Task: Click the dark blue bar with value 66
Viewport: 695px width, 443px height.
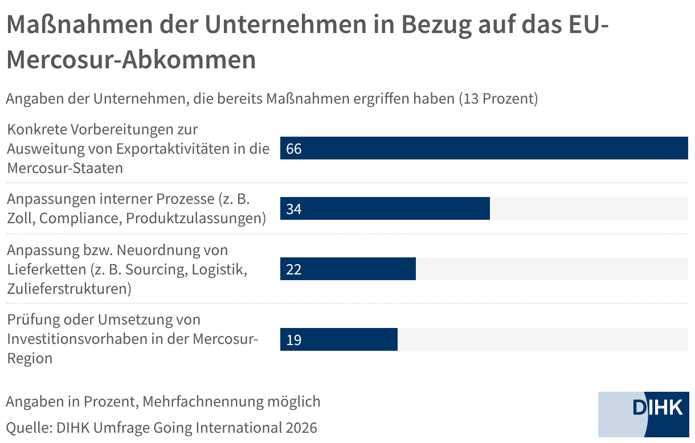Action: tap(484, 149)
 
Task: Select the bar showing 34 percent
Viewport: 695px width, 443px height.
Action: tap(385, 209)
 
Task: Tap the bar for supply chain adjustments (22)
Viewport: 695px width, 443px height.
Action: tap(348, 269)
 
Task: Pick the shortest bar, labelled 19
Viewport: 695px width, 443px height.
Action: tap(339, 340)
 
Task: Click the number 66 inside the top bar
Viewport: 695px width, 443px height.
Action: tap(294, 149)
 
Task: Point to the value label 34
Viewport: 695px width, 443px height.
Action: tap(294, 210)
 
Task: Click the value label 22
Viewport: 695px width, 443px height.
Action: tap(294, 269)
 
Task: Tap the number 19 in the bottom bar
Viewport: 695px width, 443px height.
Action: tap(294, 341)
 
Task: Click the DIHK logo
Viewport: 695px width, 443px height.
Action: tap(657, 408)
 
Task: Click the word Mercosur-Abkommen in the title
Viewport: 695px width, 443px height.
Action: tap(132, 60)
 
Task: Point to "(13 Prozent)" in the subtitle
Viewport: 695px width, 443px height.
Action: tap(498, 99)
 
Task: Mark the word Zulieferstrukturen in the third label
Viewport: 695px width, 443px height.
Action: tap(68, 288)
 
